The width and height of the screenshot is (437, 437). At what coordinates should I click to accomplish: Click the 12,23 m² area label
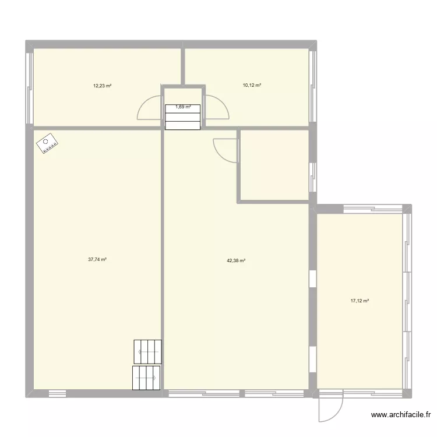pyautogui.click(x=102, y=86)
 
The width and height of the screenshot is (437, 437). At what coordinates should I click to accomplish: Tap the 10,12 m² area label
pyautogui.click(x=252, y=86)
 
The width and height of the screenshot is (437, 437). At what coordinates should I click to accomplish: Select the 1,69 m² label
pyautogui.click(x=183, y=107)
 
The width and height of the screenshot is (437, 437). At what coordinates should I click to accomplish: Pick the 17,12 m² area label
pyautogui.click(x=360, y=301)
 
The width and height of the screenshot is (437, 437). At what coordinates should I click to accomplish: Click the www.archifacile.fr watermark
pyautogui.click(x=401, y=415)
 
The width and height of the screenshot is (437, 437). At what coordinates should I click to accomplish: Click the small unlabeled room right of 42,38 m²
pyautogui.click(x=274, y=165)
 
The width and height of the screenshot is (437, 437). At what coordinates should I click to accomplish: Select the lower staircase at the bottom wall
pyautogui.click(x=146, y=378)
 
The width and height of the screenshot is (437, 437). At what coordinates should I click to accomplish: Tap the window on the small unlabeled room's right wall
pyautogui.click(x=313, y=175)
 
